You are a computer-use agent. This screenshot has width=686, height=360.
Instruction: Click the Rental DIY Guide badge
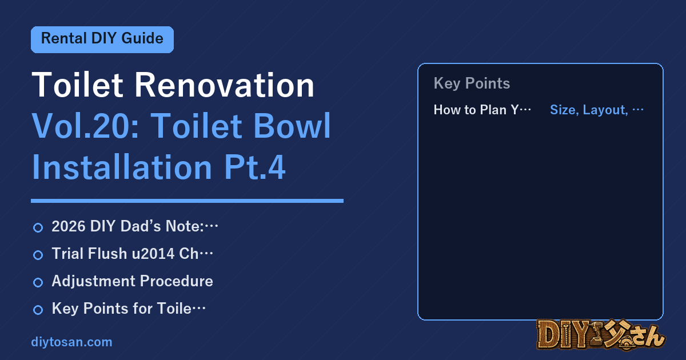click(x=102, y=39)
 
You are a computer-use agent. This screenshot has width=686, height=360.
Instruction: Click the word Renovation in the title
click(x=225, y=85)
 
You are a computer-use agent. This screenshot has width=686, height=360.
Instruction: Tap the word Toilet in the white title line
click(x=78, y=85)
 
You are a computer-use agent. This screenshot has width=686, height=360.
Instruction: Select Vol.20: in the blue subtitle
click(x=86, y=126)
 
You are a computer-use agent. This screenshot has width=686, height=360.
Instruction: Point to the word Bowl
click(x=292, y=126)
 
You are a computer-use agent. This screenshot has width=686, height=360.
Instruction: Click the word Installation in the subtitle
click(x=122, y=167)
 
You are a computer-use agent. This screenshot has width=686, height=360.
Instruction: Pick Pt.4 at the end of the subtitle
click(x=255, y=167)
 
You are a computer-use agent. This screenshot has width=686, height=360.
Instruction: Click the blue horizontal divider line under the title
click(x=187, y=201)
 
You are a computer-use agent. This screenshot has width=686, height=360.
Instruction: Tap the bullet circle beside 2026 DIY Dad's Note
click(x=38, y=227)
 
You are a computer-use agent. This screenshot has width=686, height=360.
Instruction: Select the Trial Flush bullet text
click(x=132, y=254)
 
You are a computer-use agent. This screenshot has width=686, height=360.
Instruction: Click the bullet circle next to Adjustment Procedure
click(x=38, y=282)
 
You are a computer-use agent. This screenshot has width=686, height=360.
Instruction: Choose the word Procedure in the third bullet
click(x=177, y=281)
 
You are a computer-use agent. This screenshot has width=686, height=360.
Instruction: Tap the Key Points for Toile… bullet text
click(x=129, y=309)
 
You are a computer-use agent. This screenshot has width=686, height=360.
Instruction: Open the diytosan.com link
click(x=71, y=342)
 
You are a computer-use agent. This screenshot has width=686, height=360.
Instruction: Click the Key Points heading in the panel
click(x=472, y=83)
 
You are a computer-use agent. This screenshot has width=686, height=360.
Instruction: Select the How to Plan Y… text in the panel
click(x=482, y=110)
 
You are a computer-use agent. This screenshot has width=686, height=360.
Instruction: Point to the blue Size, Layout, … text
click(x=597, y=110)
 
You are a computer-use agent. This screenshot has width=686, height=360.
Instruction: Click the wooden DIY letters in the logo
click(x=563, y=334)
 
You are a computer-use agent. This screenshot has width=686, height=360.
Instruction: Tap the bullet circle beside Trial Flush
click(x=38, y=255)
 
